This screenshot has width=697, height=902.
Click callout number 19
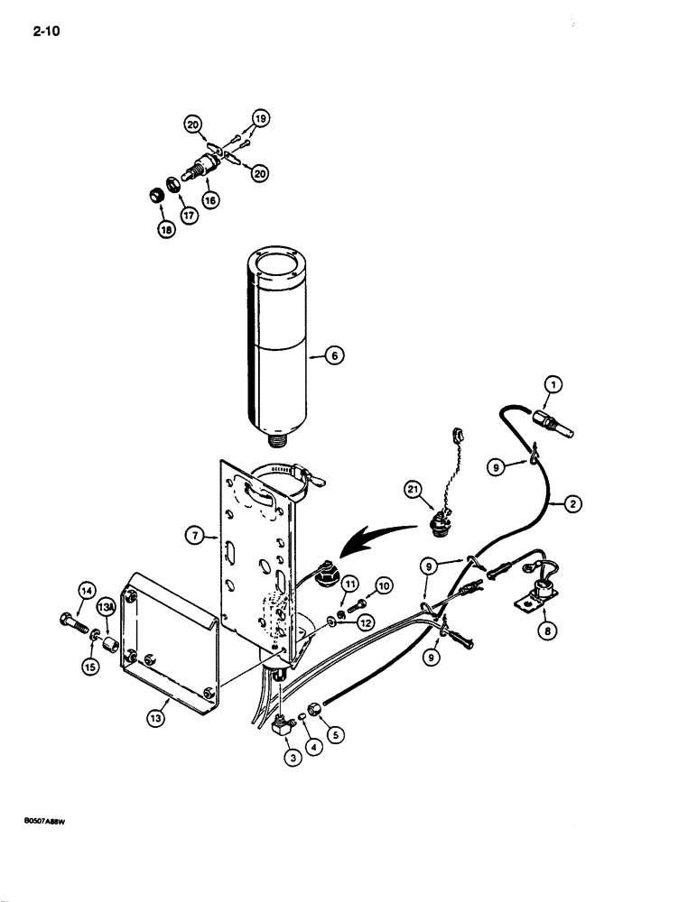(x=259, y=117)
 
